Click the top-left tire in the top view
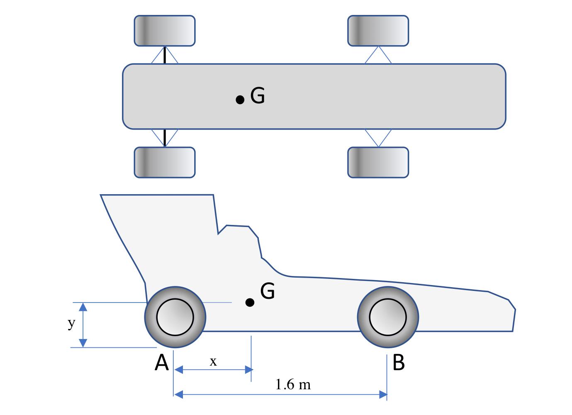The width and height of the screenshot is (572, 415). pyautogui.click(x=164, y=31)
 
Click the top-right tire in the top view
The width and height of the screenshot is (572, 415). pyautogui.click(x=378, y=31)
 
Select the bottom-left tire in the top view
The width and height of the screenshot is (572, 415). pyautogui.click(x=164, y=162)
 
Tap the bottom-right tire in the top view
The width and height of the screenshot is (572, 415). pyautogui.click(x=378, y=162)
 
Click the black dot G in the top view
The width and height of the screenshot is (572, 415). pyautogui.click(x=240, y=100)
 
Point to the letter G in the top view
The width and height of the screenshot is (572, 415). pyautogui.click(x=258, y=96)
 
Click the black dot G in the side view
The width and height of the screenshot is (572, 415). pyautogui.click(x=250, y=303)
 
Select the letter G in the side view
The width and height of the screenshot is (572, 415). pyautogui.click(x=268, y=291)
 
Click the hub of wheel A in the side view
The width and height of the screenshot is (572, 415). pyautogui.click(x=175, y=317)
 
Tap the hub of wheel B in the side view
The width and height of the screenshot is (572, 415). pyautogui.click(x=388, y=317)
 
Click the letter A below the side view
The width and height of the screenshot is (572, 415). pyautogui.click(x=162, y=363)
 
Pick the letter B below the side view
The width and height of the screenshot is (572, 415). pyautogui.click(x=398, y=363)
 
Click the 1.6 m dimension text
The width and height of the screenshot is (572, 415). pyautogui.click(x=293, y=385)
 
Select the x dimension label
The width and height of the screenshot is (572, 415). pyautogui.click(x=213, y=362)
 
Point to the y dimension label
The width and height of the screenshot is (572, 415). pyautogui.click(x=71, y=323)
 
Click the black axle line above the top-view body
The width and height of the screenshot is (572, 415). pyautogui.click(x=165, y=55)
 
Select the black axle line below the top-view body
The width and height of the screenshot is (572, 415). pyautogui.click(x=165, y=138)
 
